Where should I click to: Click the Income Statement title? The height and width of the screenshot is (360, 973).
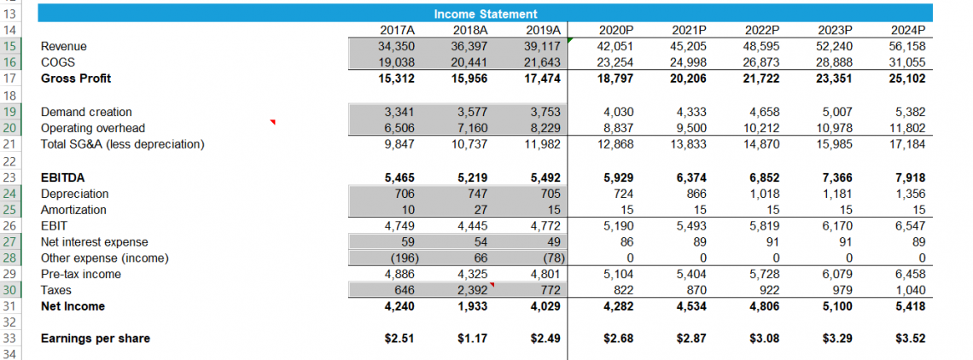tap(486, 14)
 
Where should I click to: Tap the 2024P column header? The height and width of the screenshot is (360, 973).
tap(908, 30)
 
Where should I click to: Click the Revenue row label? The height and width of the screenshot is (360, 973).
tap(64, 46)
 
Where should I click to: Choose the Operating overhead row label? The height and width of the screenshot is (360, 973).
tap(93, 128)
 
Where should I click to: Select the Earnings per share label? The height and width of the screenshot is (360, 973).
tap(95, 339)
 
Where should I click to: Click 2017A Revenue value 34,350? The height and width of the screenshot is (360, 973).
tap(396, 46)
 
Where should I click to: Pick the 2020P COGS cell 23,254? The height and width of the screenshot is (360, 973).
tap(615, 62)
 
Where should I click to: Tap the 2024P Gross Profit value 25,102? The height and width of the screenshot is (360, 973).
tap(908, 78)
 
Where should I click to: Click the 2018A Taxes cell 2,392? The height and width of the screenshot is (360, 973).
tap(469, 290)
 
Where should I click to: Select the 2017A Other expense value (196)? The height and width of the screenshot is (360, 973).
tap(397, 258)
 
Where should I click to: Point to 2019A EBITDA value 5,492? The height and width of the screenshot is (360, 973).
tap(544, 177)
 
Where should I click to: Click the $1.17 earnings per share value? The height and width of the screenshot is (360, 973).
tap(472, 339)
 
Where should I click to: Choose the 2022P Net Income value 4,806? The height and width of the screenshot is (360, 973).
tap(763, 306)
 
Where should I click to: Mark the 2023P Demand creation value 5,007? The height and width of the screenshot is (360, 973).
tap(836, 112)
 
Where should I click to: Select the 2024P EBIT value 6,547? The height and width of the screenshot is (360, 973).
tap(908, 226)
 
